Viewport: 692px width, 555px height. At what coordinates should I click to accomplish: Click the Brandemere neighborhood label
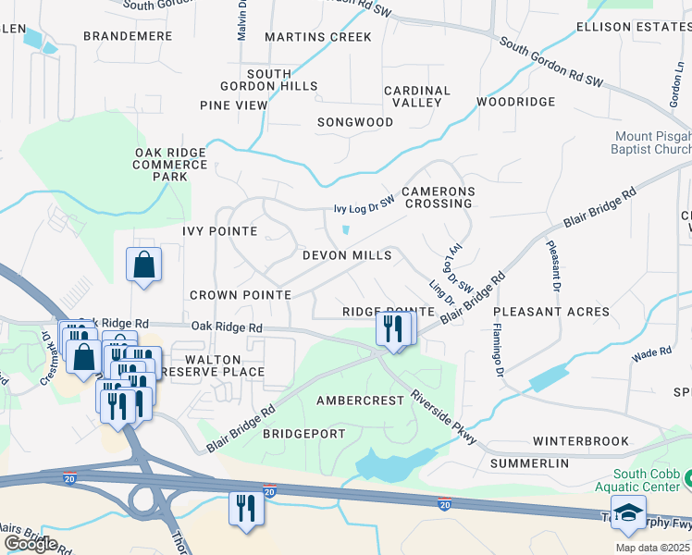click(x=128, y=36)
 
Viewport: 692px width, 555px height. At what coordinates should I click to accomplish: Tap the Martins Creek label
click(x=317, y=37)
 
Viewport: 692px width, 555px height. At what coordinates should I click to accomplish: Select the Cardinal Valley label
click(x=417, y=96)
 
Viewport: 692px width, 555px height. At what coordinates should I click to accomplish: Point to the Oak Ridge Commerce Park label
click(x=171, y=165)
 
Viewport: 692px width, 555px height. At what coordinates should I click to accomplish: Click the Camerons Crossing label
click(x=438, y=197)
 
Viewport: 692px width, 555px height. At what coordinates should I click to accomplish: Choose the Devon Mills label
click(x=347, y=255)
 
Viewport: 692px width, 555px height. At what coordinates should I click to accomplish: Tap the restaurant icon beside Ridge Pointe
click(x=394, y=328)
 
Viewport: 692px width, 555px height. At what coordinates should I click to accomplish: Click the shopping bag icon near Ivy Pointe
click(x=144, y=265)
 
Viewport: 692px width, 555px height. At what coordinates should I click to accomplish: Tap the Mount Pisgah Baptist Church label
click(x=652, y=142)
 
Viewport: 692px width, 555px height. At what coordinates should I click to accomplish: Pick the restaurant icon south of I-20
click(x=246, y=509)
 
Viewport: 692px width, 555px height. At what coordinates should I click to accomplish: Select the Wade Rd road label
click(x=651, y=353)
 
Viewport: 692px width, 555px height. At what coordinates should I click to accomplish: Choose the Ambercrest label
click(x=360, y=401)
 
